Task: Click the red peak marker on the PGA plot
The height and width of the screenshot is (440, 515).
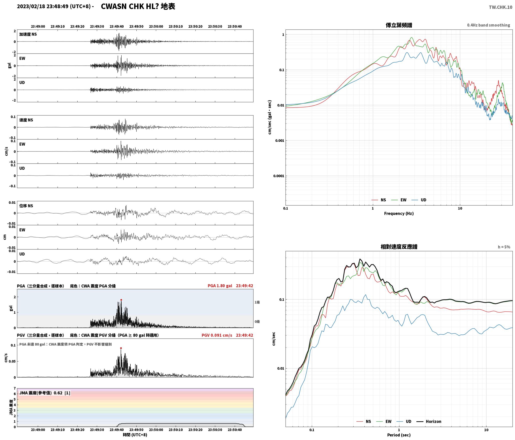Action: pyautogui.click(x=121, y=300)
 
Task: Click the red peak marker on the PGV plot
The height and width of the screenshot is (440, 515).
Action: pyautogui.click(x=121, y=348)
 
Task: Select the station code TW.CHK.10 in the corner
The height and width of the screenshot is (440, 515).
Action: pyautogui.click(x=500, y=7)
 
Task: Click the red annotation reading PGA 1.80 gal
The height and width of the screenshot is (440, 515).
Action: pyautogui.click(x=220, y=286)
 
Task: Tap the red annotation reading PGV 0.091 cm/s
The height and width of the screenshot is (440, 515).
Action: pyautogui.click(x=217, y=335)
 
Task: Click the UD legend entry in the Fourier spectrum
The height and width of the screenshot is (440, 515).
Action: pyautogui.click(x=419, y=200)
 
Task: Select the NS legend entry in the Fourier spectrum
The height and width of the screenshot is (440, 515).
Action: pyautogui.click(x=379, y=200)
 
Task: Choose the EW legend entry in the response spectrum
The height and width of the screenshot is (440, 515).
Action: pyautogui.click(x=384, y=421)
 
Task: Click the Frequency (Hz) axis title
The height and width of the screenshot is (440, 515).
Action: pyautogui.click(x=399, y=213)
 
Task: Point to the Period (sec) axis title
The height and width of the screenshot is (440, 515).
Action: pyautogui.click(x=399, y=435)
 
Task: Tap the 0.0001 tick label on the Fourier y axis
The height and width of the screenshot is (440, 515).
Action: pyautogui.click(x=279, y=176)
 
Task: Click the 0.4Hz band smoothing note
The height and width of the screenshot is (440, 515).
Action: pyautogui.click(x=488, y=25)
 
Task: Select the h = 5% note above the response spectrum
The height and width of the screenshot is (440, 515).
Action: pyautogui.click(x=504, y=247)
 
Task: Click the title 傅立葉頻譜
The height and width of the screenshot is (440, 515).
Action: pyautogui.click(x=399, y=25)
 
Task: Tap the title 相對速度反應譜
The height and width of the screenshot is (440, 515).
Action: pyautogui.click(x=399, y=247)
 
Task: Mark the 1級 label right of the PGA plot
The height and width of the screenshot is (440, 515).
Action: pyautogui.click(x=257, y=302)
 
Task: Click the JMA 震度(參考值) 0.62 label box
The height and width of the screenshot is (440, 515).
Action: pyautogui.click(x=45, y=393)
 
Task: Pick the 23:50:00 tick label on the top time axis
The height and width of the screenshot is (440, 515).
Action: pyautogui.click(x=156, y=26)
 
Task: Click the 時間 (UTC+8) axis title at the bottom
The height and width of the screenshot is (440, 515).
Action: pyautogui.click(x=135, y=435)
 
